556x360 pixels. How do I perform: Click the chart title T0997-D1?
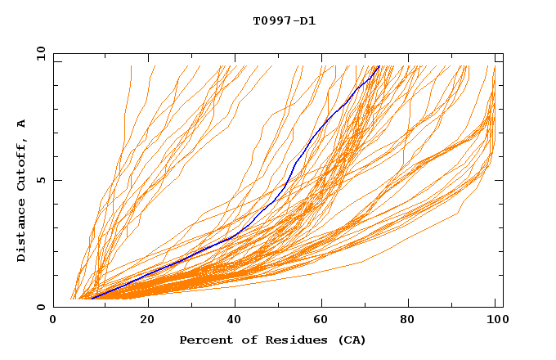pyautogui.click(x=284, y=20)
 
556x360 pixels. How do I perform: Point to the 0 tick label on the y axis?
pyautogui.click(x=40, y=307)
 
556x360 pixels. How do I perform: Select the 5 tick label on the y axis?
pyautogui.click(x=40, y=180)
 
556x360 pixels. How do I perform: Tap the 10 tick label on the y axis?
pyautogui.click(x=40, y=53)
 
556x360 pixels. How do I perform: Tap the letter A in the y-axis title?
pyautogui.click(x=21, y=124)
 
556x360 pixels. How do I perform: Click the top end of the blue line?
pyautogui.click(x=379, y=66)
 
